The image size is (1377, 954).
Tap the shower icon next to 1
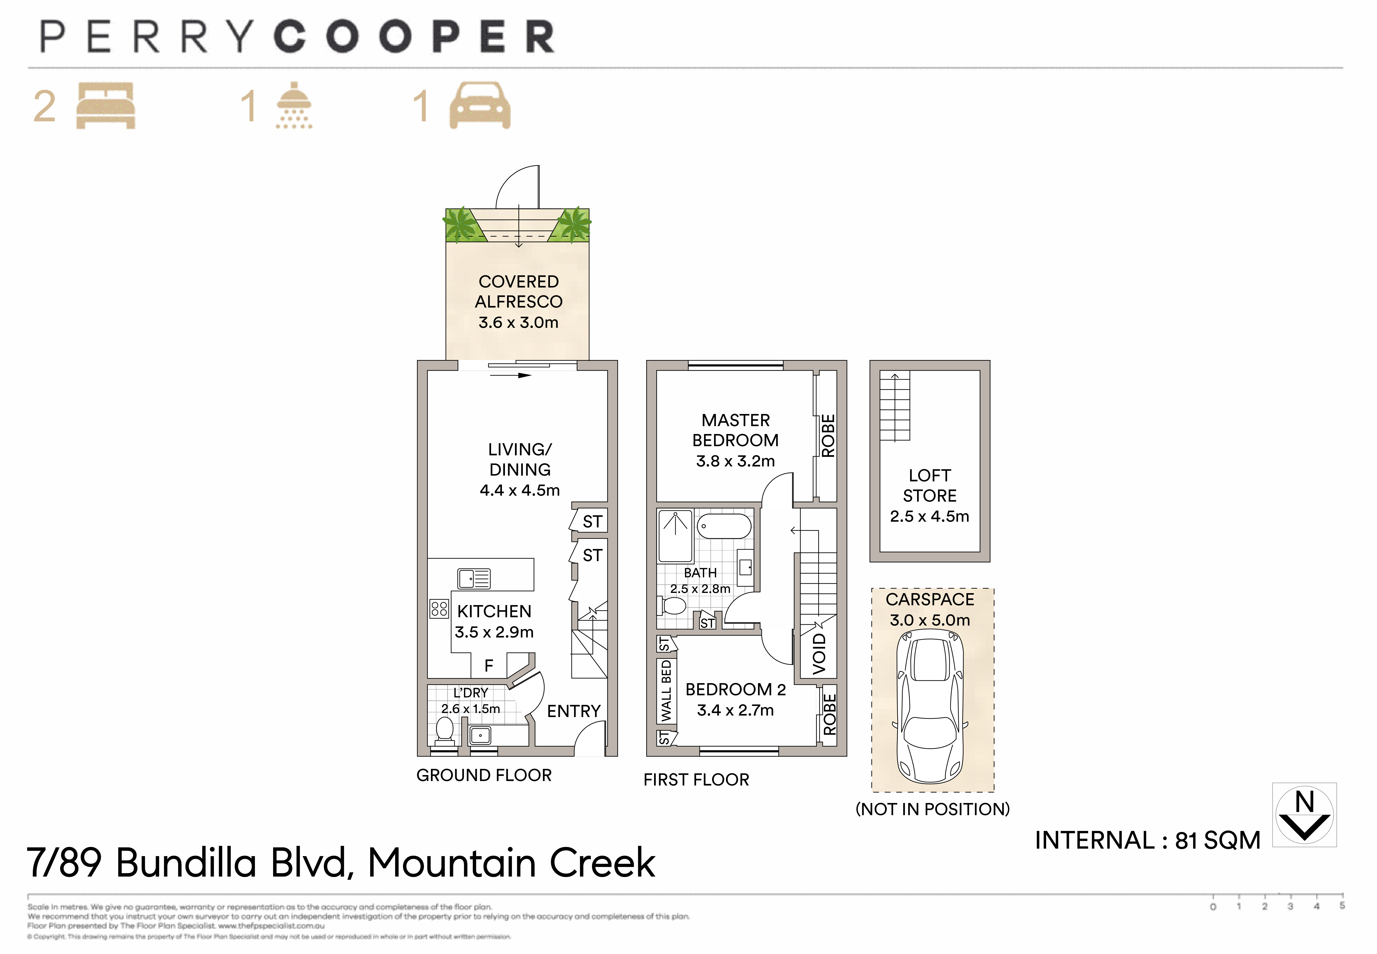click(294, 106)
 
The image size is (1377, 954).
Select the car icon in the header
click(480, 106)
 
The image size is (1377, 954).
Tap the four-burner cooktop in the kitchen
click(439, 608)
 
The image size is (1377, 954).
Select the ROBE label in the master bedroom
click(827, 436)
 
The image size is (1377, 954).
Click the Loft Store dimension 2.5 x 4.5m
click(929, 516)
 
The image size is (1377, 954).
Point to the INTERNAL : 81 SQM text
click(1147, 840)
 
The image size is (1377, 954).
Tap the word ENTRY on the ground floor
click(573, 711)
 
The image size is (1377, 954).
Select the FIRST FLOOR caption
click(696, 780)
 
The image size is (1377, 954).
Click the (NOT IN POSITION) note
click(932, 809)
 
